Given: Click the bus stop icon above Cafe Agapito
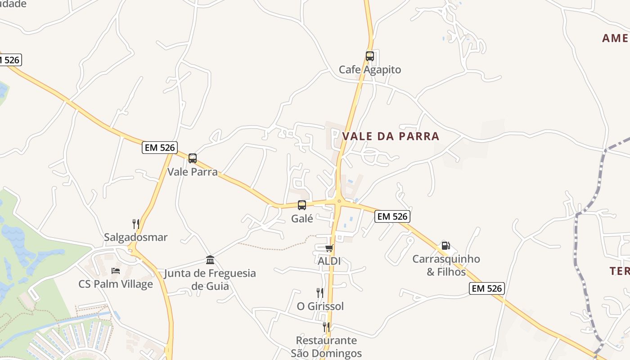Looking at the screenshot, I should tap(369, 56).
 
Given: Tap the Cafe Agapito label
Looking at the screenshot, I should tap(369, 70).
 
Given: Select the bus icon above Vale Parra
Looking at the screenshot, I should tap(193, 158).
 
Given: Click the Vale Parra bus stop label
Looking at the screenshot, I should tap(193, 172).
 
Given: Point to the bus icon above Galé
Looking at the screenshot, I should tap(301, 205).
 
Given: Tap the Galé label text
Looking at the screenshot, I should tap(302, 219).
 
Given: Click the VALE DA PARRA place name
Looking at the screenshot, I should tap(391, 136).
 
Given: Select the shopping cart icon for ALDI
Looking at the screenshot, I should tap(329, 248).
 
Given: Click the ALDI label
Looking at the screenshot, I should tap(329, 261).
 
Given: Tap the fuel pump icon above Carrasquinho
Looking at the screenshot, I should tap(445, 246).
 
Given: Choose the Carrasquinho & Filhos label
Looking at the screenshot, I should tap(446, 265).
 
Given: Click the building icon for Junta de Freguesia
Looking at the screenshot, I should tap(210, 260).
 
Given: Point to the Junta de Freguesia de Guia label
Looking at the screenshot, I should tap(210, 279).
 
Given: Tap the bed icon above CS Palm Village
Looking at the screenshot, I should tap(116, 271).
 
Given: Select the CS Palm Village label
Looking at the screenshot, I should tap(116, 284).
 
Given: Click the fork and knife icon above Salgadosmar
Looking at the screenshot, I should tap(135, 224).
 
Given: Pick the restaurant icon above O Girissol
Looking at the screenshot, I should tap(319, 293).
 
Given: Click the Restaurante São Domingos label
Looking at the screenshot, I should tap(326, 346).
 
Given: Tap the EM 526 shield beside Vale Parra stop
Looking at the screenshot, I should tap(160, 148).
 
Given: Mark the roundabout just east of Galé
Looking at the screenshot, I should tap(338, 202).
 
